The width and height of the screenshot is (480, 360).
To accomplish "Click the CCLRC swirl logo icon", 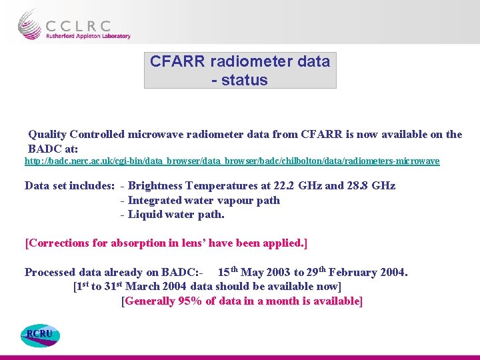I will (x=29, y=23).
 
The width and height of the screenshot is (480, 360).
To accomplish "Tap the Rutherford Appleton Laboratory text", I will (x=87, y=36).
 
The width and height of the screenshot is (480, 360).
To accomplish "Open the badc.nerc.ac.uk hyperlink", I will (x=232, y=162).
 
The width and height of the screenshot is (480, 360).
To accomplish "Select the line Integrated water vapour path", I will (x=203, y=201).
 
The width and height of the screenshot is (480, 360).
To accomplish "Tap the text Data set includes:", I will (x=69, y=186).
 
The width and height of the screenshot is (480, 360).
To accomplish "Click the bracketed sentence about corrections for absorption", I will (x=166, y=243).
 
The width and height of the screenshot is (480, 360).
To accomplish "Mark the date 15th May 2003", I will (x=254, y=272).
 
